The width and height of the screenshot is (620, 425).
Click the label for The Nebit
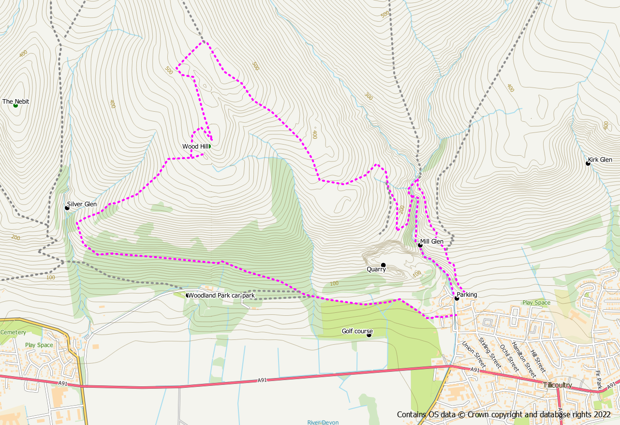click(15, 102)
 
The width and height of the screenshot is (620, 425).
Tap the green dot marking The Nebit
click(15, 105)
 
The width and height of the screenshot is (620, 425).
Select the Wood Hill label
click(195, 147)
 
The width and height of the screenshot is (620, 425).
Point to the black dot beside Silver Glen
click(67, 208)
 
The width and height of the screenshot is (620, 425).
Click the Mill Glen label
click(431, 242)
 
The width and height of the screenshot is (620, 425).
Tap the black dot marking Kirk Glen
click(588, 163)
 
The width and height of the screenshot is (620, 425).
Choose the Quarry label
click(376, 269)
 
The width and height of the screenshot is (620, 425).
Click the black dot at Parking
click(457, 298)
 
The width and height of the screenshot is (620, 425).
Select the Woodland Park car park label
click(221, 295)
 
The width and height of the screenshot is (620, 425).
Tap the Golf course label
click(357, 331)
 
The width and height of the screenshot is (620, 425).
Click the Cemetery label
click(13, 333)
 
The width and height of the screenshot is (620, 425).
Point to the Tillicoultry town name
click(557, 385)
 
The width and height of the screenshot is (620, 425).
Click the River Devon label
click(323, 422)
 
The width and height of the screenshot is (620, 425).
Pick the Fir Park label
click(598, 380)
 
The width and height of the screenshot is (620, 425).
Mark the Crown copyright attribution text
click(504, 414)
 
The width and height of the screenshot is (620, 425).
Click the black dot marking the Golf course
click(369, 335)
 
